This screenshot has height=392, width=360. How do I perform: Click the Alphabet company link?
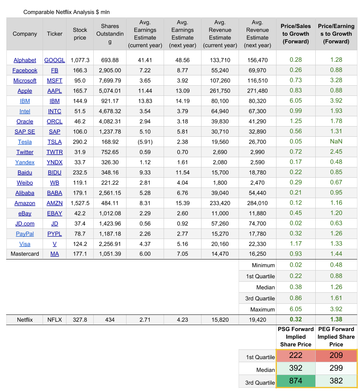click(25, 60)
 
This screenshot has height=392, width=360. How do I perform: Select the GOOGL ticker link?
click(55, 60)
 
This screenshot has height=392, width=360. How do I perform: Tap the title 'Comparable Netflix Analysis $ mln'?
click(66, 12)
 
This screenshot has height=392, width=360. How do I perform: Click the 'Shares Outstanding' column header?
click(110, 34)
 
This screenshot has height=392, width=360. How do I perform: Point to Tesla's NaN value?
click(336, 141)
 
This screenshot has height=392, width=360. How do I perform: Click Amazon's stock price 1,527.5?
click(80, 203)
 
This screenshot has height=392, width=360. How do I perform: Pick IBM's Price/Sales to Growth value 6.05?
click(296, 101)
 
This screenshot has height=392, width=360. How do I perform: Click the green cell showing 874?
click(296, 381)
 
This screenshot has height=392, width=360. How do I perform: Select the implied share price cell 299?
click(336, 369)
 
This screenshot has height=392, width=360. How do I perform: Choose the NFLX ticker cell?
click(55, 320)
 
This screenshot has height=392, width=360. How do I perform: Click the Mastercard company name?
click(25, 254)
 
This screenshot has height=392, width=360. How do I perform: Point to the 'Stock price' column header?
click(80, 34)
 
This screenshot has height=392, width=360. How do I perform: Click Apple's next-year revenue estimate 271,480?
click(257, 91)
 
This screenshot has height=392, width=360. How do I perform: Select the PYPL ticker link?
click(55, 234)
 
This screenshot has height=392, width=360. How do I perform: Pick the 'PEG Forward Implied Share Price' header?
click(336, 337)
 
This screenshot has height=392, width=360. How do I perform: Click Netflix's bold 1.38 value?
click(336, 319)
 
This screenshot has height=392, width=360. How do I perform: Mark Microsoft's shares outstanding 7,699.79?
click(110, 81)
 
